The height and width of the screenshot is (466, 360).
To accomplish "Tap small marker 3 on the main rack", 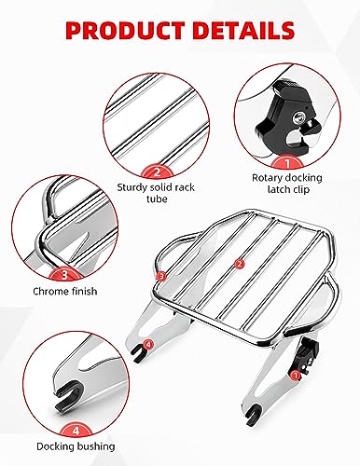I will click(x=161, y=276).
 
